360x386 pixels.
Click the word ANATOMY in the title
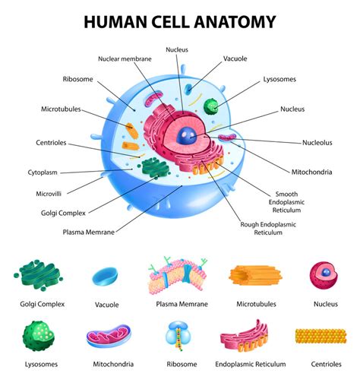coord(232,22)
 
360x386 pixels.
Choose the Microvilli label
coord(49,194)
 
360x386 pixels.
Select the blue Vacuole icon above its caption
coord(106,276)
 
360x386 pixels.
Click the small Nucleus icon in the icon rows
coord(325,274)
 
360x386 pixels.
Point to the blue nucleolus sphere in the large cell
coord(188,137)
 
